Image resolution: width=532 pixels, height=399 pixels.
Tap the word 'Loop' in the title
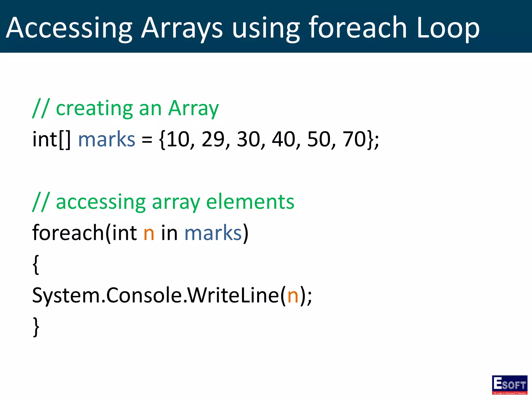click(448, 28)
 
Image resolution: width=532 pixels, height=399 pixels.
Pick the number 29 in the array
click(213, 139)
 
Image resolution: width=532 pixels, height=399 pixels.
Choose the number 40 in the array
click(283, 139)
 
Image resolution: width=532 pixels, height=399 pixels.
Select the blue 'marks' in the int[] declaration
click(107, 139)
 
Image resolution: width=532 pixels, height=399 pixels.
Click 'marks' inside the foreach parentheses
click(213, 233)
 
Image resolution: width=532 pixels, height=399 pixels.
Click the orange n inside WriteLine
click(293, 296)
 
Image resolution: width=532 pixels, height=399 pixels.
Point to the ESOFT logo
click(509, 385)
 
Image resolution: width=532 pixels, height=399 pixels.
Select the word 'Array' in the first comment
click(193, 109)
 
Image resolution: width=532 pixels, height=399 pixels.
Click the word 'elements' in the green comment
click(250, 202)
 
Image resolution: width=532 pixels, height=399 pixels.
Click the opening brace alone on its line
click(36, 265)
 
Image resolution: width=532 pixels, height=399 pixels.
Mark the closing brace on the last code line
click(36, 327)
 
